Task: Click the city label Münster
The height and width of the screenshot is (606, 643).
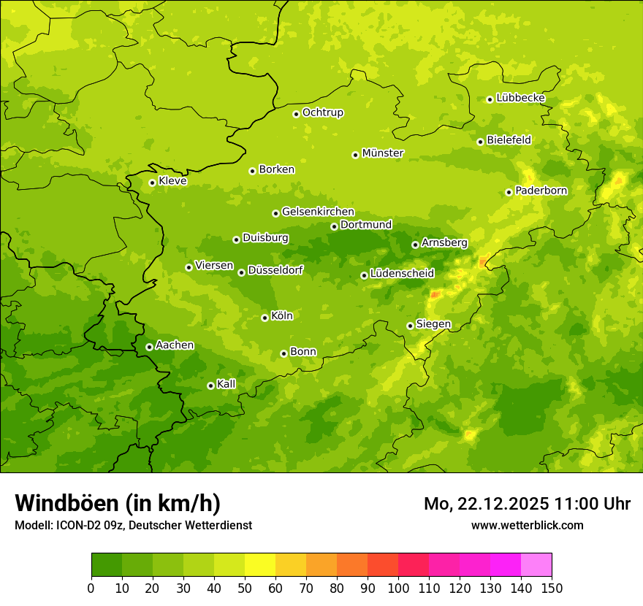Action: (x=382, y=153)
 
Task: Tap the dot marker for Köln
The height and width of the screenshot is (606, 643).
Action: (x=265, y=318)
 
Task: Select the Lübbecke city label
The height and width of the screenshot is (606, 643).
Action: (x=520, y=98)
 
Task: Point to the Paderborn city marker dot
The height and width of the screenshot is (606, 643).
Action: (x=509, y=192)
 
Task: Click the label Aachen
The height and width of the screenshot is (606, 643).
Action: (x=175, y=345)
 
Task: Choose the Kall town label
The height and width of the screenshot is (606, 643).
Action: (x=226, y=384)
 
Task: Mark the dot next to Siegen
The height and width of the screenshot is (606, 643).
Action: (x=410, y=326)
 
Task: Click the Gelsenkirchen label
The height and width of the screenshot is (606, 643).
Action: (x=318, y=212)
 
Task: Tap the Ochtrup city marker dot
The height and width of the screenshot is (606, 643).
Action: (x=296, y=113)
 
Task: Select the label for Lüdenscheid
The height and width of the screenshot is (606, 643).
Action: (x=402, y=274)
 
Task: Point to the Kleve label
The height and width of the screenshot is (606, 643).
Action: (x=172, y=181)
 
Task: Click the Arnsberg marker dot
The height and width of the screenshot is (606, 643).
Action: (x=415, y=245)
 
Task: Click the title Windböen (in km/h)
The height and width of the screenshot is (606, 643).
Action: (x=117, y=503)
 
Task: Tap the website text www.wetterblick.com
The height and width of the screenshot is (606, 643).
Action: (x=527, y=525)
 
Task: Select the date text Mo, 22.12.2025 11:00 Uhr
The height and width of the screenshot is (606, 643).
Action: (x=527, y=504)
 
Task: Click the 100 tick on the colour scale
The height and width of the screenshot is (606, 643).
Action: (x=398, y=588)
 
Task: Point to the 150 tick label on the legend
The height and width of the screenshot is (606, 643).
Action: (x=552, y=588)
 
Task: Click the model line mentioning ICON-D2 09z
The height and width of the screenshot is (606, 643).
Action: (x=133, y=525)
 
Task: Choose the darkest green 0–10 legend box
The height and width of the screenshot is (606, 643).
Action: (x=107, y=565)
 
